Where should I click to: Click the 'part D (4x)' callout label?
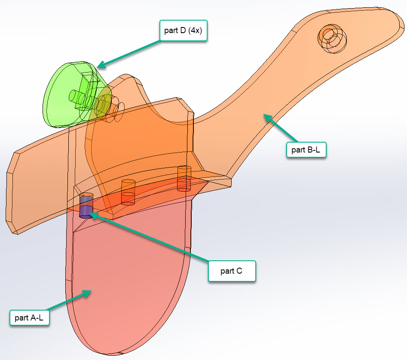click(x=184, y=31)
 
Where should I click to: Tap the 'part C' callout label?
click(x=232, y=271)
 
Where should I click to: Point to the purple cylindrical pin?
click(x=86, y=207)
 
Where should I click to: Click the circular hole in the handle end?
click(x=330, y=38)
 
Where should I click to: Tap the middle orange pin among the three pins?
click(x=128, y=192)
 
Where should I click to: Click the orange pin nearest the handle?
click(x=184, y=178)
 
